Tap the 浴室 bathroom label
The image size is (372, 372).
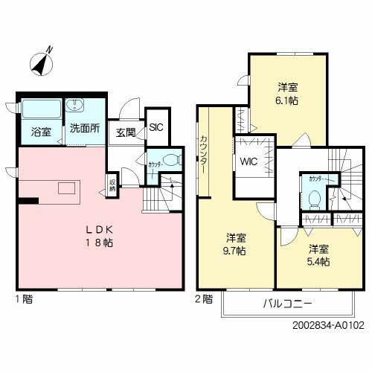[41, 132]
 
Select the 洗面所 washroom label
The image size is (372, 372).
[83, 128]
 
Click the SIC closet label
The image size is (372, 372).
[155, 127]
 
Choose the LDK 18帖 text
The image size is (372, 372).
[99, 236]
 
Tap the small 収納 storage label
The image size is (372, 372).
[112, 183]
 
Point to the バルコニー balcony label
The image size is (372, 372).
[286, 304]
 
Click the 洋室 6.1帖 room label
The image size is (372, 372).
[289, 93]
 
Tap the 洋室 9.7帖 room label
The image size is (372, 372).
[237, 245]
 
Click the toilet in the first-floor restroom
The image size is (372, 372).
[171, 158]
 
